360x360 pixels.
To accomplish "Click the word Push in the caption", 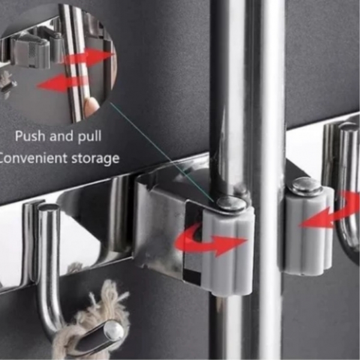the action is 30,136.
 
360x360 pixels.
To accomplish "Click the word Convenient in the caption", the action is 34,158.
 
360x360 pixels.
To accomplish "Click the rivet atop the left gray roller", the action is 231,203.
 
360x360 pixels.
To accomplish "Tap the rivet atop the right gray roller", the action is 305,185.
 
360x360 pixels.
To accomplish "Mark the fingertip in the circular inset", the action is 91,104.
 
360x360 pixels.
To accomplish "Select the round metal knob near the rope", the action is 113,331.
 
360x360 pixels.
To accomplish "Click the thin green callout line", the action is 163,152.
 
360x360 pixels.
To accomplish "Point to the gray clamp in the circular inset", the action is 31,53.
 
